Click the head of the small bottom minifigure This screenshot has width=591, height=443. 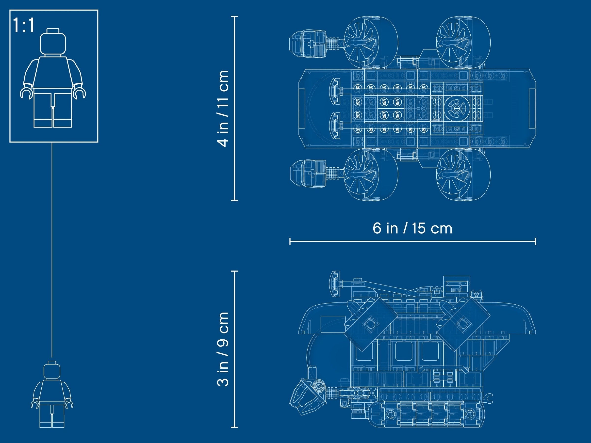[x=52, y=370]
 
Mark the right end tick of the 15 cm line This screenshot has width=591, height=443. [x=535, y=241]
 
